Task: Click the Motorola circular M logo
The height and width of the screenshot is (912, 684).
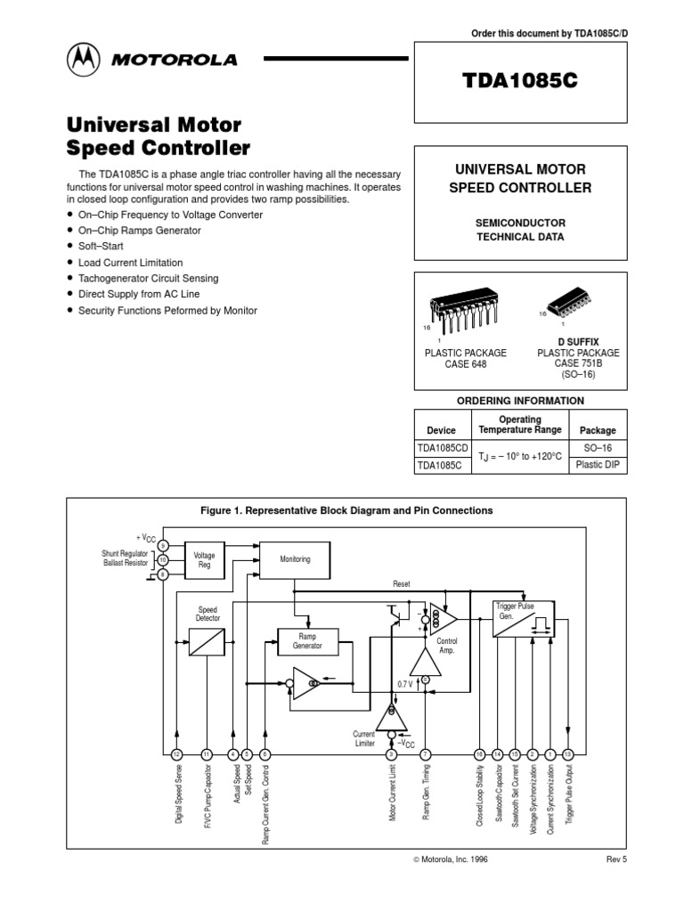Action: pos(84,61)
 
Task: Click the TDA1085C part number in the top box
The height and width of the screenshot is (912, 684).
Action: pos(521,79)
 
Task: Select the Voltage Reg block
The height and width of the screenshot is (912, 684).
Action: pos(204,559)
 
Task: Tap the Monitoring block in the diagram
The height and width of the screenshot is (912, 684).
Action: pos(295,559)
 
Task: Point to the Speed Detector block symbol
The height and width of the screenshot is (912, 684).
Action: pos(207,642)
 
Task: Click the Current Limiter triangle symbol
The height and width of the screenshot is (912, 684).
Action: pos(391,714)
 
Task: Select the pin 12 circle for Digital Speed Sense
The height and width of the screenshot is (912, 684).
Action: pos(178,754)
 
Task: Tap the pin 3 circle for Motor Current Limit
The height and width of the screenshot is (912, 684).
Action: pos(391,754)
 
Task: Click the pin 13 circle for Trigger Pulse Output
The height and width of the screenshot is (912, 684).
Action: pos(568,754)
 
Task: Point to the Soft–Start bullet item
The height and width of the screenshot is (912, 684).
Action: pos(101,246)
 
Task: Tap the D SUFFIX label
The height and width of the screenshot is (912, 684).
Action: pos(578,341)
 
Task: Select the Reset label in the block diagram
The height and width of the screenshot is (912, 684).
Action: pos(402,583)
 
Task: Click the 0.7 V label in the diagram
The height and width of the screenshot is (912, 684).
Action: pos(405,683)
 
